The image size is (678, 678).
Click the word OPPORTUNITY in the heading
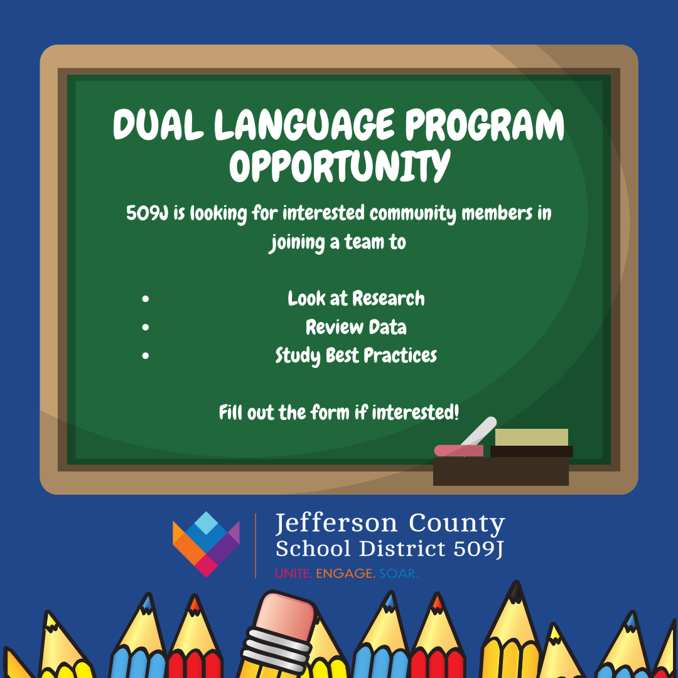click(340, 166)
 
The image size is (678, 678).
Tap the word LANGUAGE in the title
click(304, 124)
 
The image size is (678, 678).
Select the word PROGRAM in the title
click(485, 124)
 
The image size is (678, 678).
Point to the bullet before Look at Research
click(145, 299)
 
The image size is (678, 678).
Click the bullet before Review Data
click(145, 327)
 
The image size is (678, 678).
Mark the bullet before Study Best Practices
click(145, 355)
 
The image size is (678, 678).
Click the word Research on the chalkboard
click(389, 298)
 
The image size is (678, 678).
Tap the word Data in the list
click(387, 327)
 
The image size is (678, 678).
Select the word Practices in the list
click(400, 355)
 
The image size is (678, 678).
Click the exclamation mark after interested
click(456, 412)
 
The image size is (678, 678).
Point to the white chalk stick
click(478, 431)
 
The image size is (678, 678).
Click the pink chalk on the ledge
click(458, 451)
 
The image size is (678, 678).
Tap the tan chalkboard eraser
click(532, 437)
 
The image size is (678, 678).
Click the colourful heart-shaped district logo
click(206, 544)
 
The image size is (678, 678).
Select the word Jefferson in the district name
click(336, 523)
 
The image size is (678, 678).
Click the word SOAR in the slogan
click(399, 574)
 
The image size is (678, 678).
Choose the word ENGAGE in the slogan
click(345, 574)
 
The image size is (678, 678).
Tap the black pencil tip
click(515, 591)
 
